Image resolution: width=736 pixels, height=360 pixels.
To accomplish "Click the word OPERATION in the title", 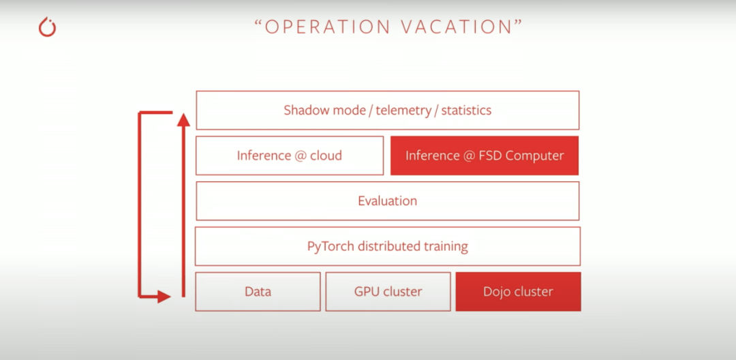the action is coord(328,27).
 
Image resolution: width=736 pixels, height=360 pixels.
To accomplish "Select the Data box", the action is coord(258,291).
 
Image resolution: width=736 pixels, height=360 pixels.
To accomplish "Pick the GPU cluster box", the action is coord(388,291).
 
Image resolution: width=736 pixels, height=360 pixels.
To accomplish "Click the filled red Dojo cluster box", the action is coord(518,291).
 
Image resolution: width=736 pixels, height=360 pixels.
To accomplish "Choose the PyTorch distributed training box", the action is coord(388,246).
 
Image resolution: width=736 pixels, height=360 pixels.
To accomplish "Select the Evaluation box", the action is coord(388,201).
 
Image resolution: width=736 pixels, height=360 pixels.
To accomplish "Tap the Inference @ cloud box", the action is coord(290,155).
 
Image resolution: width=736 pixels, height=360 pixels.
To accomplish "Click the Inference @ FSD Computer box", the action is coord(485,155).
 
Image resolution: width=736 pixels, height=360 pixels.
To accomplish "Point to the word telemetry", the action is coord(403,110).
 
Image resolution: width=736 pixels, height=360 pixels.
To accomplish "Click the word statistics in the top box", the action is coord(466,110).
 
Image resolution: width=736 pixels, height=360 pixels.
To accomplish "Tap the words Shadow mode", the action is coord(324,110).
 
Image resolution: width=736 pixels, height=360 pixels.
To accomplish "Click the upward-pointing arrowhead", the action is coord(183,119).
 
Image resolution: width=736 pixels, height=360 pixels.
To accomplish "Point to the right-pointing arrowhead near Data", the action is coord(164,297).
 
